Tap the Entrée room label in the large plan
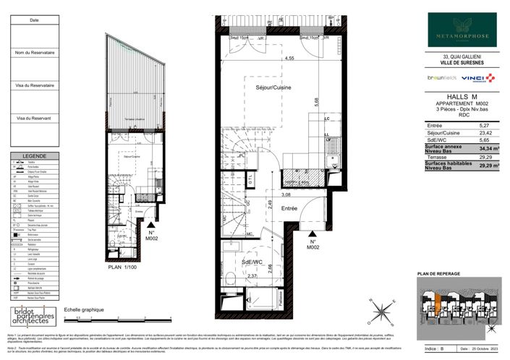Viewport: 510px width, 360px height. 290,207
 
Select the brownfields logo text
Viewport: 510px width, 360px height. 441,77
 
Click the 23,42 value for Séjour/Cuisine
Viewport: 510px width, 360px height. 483,133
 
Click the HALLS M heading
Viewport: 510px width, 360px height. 463,96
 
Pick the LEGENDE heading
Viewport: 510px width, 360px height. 34,156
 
